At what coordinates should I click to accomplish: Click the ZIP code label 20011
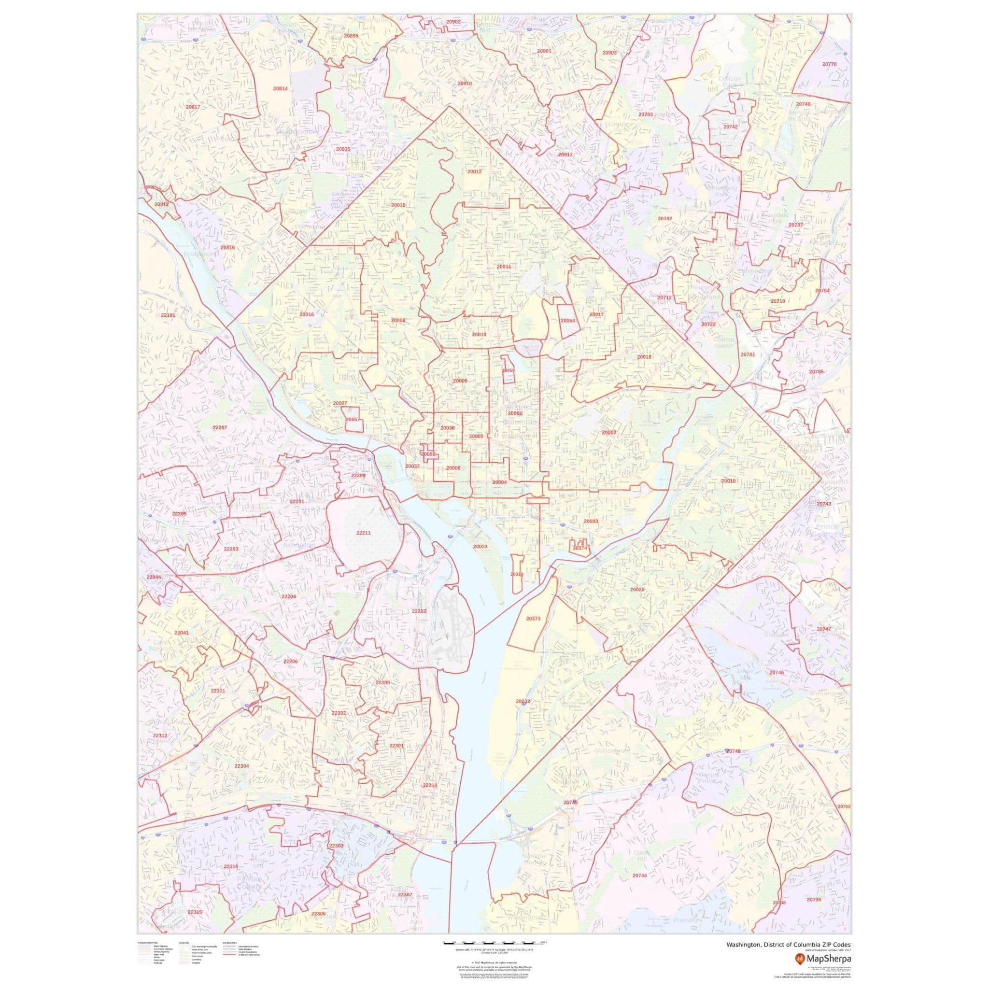(503, 267)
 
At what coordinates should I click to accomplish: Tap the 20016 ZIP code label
(307, 314)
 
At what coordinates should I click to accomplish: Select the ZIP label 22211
(363, 533)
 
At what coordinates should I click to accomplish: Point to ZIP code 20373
(533, 619)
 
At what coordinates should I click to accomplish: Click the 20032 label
(523, 701)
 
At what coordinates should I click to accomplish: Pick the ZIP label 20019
(728, 481)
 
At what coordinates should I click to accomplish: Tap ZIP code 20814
(280, 88)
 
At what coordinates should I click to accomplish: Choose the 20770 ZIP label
(829, 64)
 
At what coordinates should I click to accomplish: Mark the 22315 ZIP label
(195, 912)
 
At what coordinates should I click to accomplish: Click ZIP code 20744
(639, 876)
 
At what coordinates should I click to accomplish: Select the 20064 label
(568, 321)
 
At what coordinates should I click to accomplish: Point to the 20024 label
(480, 547)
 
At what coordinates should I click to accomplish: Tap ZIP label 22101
(168, 315)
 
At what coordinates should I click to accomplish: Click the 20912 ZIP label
(565, 155)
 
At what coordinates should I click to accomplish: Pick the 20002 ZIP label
(609, 433)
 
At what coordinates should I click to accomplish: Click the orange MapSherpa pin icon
(799, 957)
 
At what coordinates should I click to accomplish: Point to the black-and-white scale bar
(494, 941)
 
